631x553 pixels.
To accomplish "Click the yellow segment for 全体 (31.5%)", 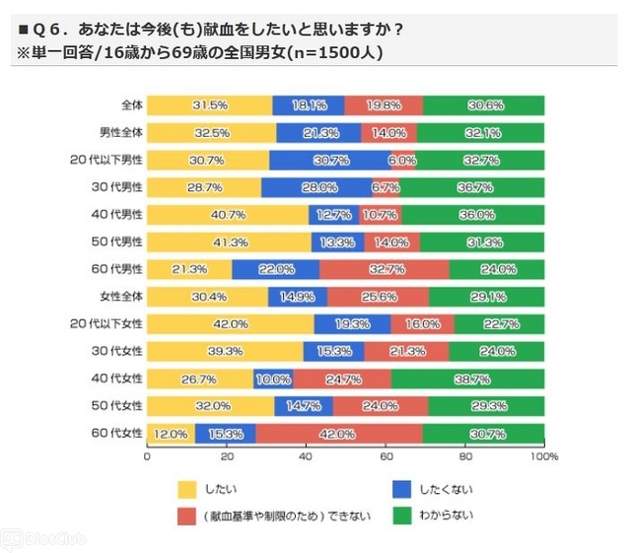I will click(x=209, y=105).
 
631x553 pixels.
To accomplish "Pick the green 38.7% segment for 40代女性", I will click(x=467, y=377).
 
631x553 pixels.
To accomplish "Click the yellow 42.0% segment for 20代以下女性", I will click(x=230, y=322).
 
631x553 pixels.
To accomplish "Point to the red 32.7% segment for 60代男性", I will click(x=384, y=268).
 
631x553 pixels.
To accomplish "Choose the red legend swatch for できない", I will click(x=187, y=514).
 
